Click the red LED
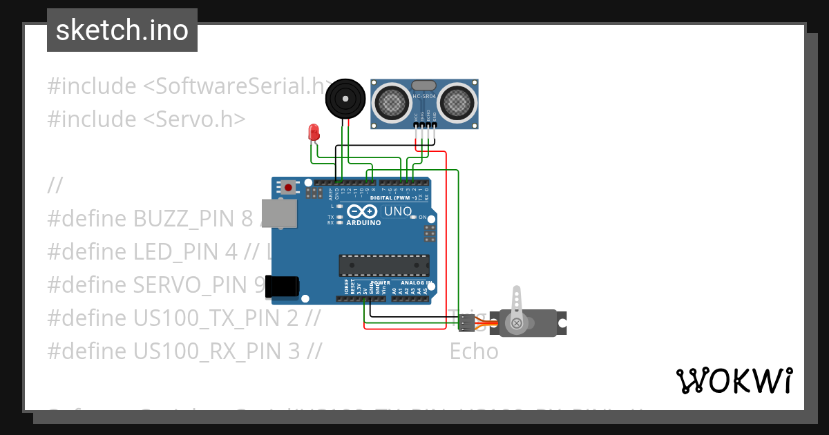tap(314, 132)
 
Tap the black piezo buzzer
tap(345, 99)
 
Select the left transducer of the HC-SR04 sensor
tap(391, 103)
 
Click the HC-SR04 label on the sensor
tap(423, 97)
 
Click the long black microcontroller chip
tap(383, 266)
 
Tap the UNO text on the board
tap(397, 211)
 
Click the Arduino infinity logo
tap(363, 211)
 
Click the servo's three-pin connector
tap(467, 322)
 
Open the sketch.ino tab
tap(122, 30)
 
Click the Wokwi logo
tap(734, 380)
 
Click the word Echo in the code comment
tap(474, 351)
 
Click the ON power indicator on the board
tap(421, 217)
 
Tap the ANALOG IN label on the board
tap(417, 283)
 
